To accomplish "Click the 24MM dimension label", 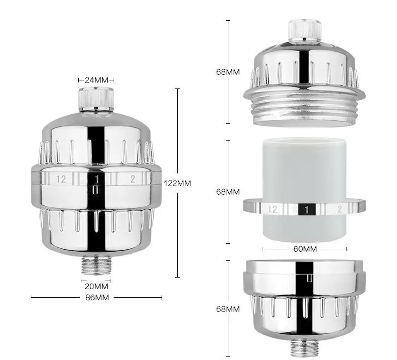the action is point(96,80).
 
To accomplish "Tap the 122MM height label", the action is point(177,183).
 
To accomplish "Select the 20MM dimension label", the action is point(96,287).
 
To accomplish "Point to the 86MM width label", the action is point(97,297).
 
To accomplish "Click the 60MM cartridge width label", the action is point(305,249).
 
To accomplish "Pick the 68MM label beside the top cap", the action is point(228,72).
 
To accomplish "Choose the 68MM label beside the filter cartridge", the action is point(228,192).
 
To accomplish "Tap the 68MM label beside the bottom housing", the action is point(228,309).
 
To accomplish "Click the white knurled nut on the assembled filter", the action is point(96,100).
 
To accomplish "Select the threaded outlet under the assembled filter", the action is point(96,265).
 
